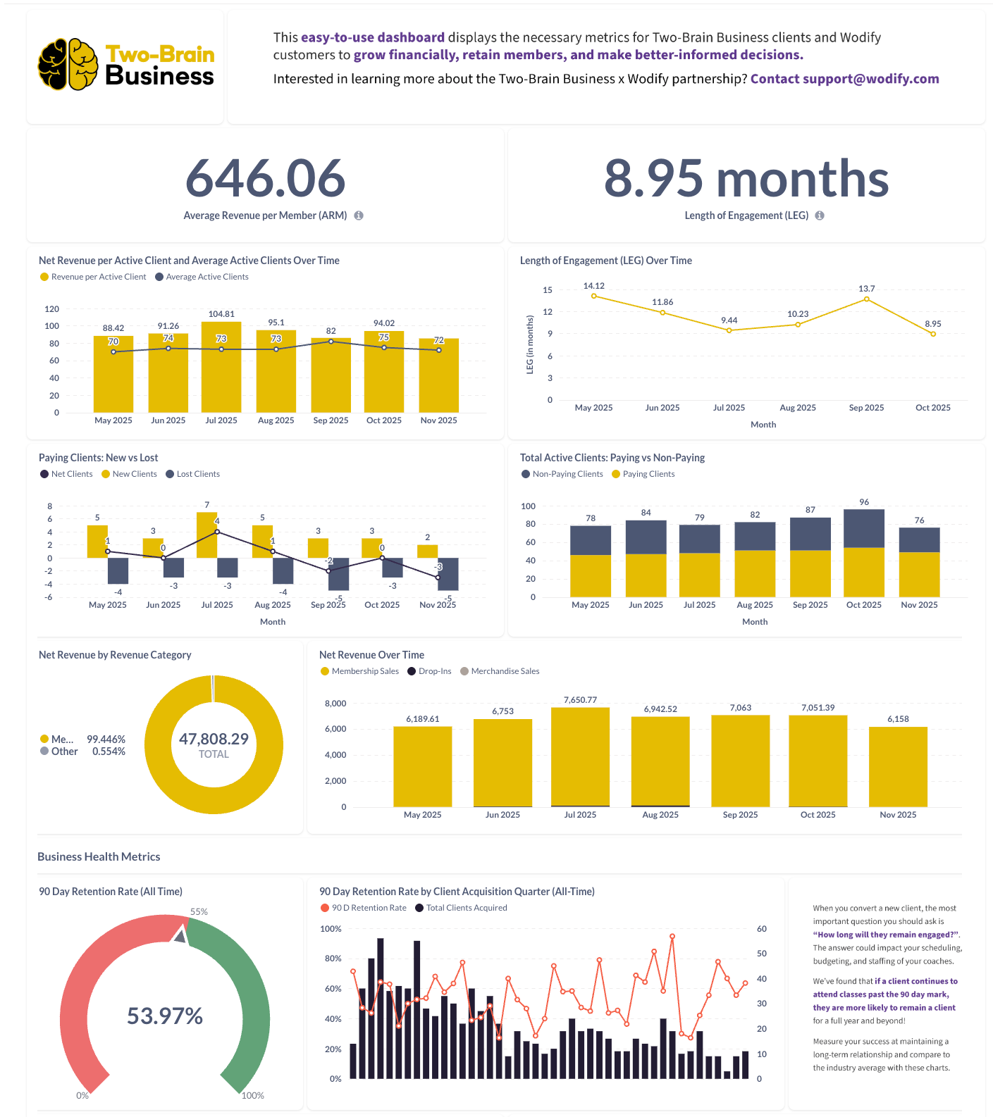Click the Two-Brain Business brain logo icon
(68, 64)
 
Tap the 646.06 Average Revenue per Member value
(265, 178)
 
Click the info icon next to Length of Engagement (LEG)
(820, 216)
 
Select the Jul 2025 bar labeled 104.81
(221, 366)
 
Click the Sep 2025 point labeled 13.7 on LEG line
(867, 299)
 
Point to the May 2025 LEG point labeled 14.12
(594, 296)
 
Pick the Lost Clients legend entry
(193, 474)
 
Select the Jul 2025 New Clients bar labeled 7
(206, 534)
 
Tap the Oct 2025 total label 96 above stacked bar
(864, 502)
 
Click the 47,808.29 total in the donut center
(214, 740)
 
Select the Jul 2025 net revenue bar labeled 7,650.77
(580, 756)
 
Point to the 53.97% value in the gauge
(165, 1016)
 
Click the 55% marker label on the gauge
(199, 911)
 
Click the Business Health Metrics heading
(99, 856)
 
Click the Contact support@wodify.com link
(844, 79)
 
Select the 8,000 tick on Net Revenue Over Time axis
(335, 704)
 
